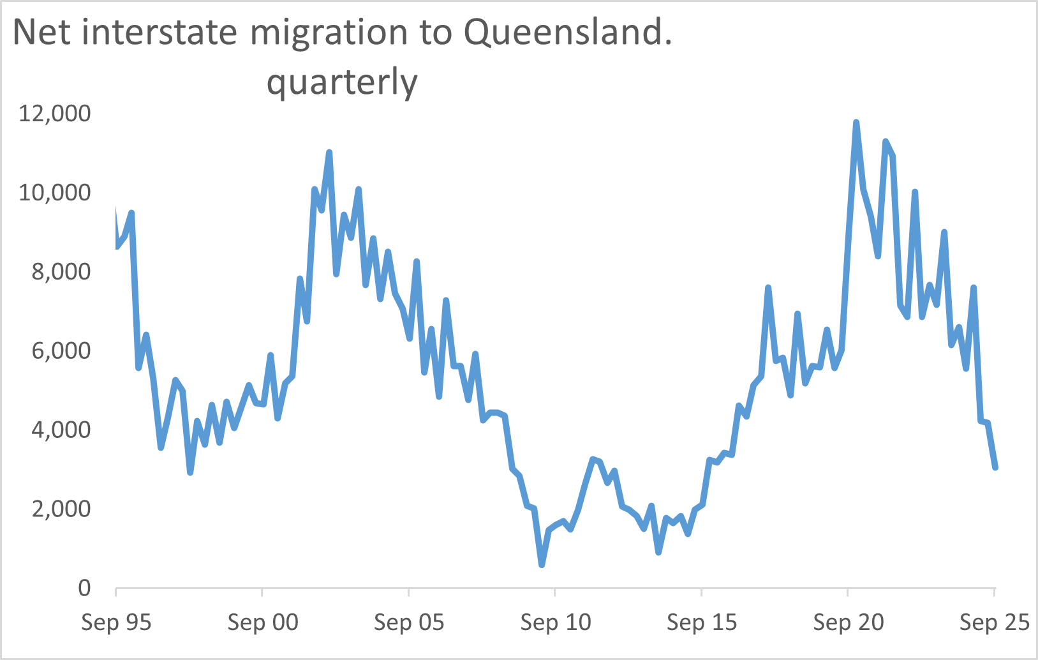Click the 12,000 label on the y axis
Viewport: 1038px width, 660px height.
55,114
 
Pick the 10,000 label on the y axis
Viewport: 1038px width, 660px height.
55,193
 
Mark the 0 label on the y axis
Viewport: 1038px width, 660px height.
84,589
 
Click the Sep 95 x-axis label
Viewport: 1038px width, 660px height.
116,622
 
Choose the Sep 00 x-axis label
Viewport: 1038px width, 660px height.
263,622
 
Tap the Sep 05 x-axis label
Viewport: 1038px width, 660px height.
409,622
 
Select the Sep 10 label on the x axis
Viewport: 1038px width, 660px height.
556,622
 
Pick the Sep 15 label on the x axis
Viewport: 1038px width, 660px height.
702,622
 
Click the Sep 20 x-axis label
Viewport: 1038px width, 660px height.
849,622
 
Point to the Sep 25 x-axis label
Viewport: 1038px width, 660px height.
995,622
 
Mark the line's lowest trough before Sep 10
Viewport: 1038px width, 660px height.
542,564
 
